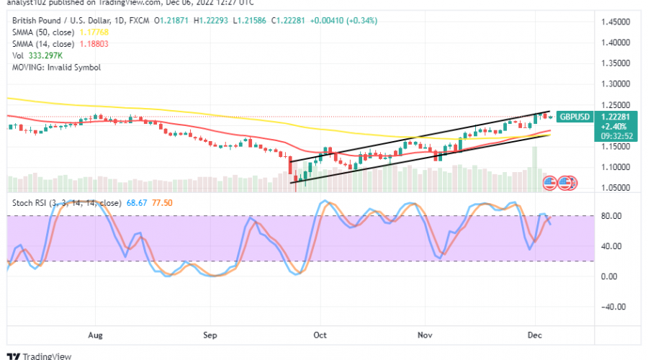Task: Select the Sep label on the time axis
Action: (210, 335)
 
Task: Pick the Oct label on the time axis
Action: (320, 335)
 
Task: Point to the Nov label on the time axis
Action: (426, 335)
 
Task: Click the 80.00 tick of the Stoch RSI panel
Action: (611, 216)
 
